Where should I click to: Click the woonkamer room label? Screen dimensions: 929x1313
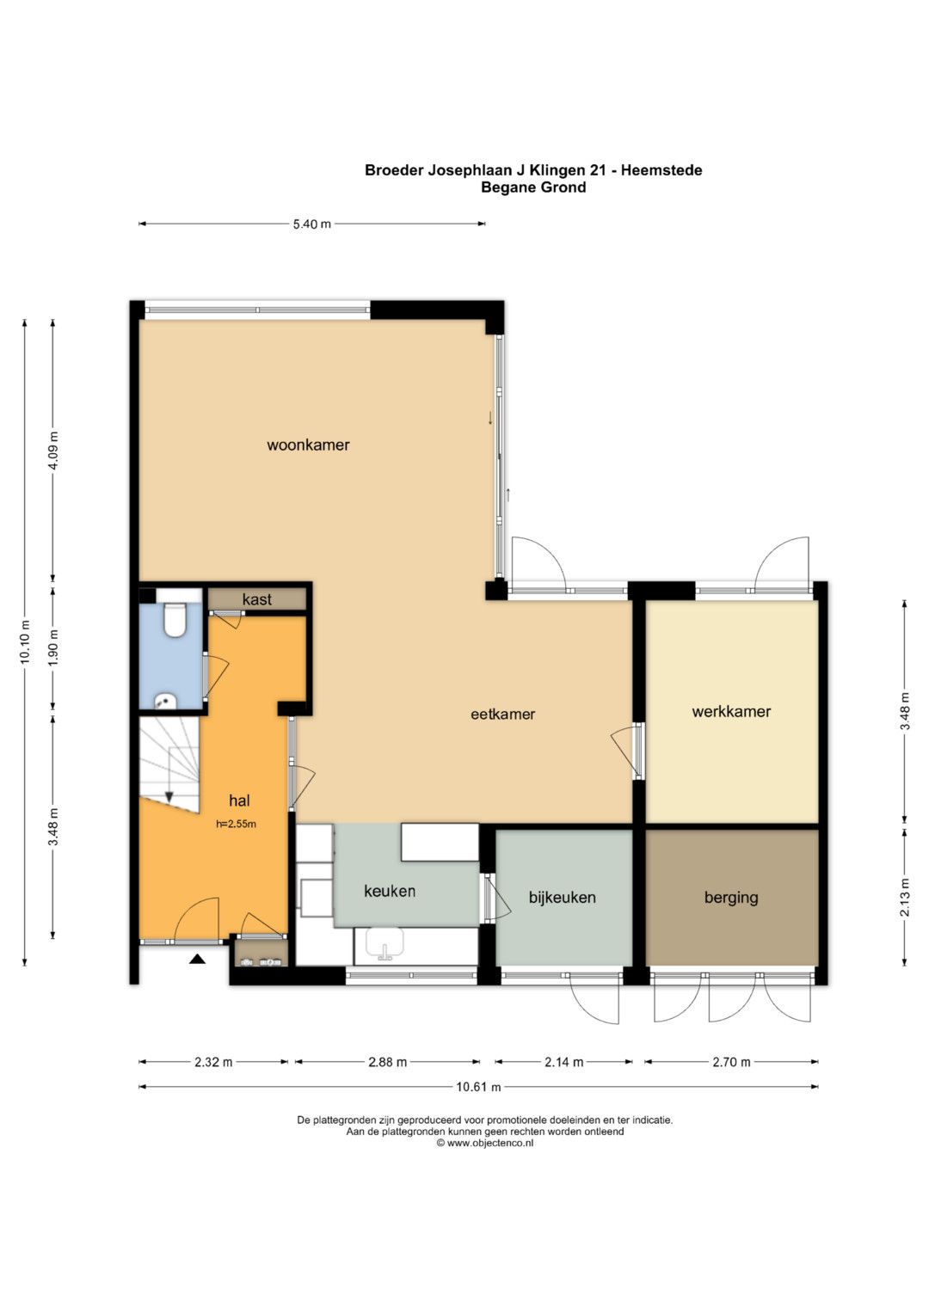pos(308,445)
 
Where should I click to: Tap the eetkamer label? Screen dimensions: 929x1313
pos(502,714)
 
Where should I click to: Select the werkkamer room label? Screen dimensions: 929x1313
pos(731,712)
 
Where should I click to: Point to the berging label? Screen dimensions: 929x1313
pos(731,898)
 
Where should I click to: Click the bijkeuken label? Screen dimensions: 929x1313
pos(562,898)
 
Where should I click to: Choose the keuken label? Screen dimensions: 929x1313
pos(390,892)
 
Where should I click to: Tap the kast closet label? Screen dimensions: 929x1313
pos(257,599)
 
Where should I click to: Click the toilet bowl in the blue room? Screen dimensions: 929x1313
pos(174,620)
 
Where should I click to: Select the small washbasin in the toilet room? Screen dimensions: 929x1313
pos(165,701)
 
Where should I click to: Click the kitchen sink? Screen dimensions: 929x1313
pos(385,944)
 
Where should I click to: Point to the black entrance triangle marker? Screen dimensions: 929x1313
pos(197,960)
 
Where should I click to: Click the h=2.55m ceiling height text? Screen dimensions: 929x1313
pos(236,824)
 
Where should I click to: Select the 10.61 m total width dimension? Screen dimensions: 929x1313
pos(478,1088)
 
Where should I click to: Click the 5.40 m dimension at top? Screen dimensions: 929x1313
pos(312,224)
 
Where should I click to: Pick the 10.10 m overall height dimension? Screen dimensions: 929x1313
pos(25,641)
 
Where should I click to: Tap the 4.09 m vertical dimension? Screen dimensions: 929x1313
pos(53,450)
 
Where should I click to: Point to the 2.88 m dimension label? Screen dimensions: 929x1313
pos(388,1062)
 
